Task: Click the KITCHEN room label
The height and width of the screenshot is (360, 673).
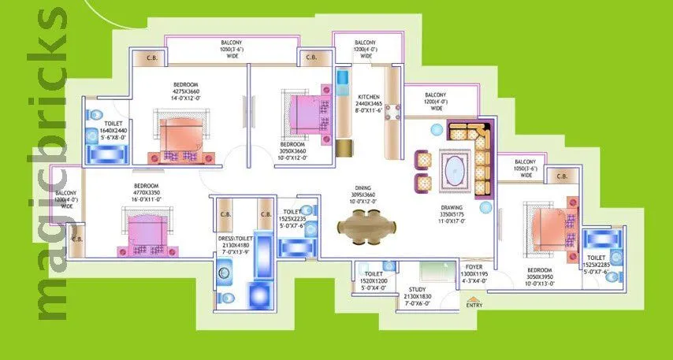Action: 369,96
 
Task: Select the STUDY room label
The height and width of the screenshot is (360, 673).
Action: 417,291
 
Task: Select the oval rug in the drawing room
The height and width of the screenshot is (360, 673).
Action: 454,168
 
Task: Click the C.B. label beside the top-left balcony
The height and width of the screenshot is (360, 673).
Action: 147,58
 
